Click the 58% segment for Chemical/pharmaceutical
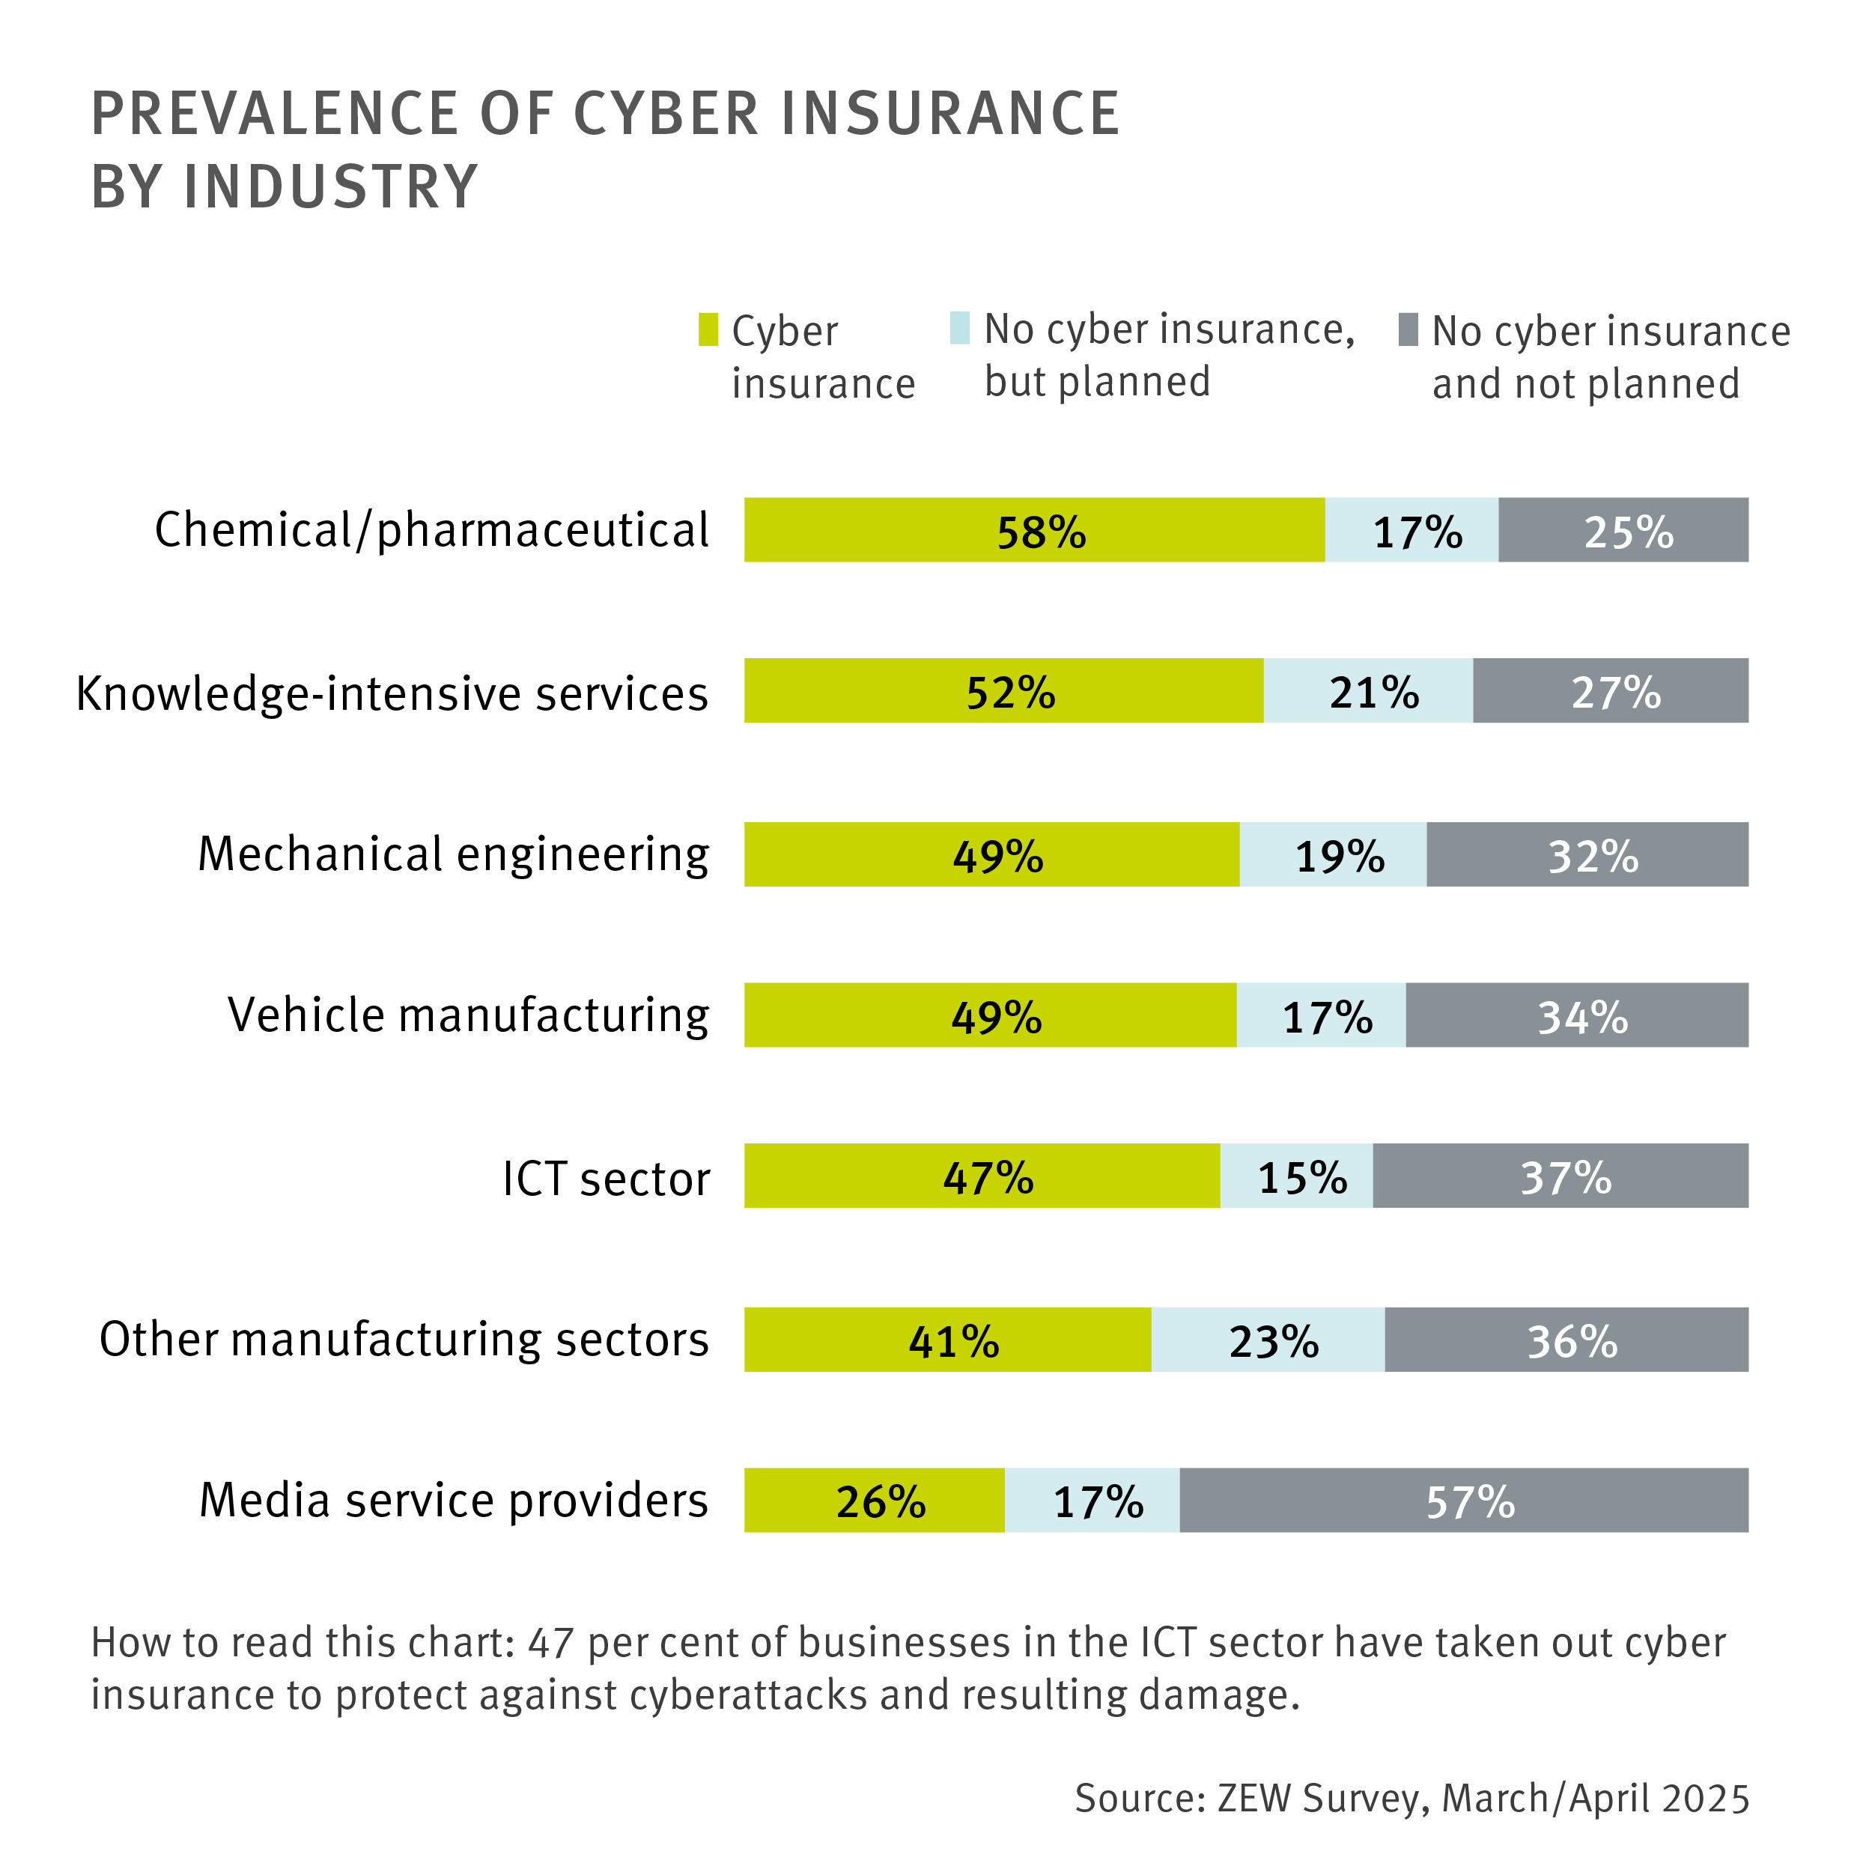coord(1034,530)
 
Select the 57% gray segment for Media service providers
coord(1463,1500)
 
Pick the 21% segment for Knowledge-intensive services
coord(1367,691)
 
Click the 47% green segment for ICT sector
coord(982,1176)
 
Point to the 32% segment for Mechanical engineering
coord(1587,854)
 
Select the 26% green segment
coord(874,1500)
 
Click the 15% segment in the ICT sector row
coord(1295,1176)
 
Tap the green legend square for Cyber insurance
coord(708,329)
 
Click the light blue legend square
coord(959,327)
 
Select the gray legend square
coord(1408,329)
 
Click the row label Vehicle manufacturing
coord(468,1015)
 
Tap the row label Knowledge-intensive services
coord(392,694)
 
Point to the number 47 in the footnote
coord(551,1642)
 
